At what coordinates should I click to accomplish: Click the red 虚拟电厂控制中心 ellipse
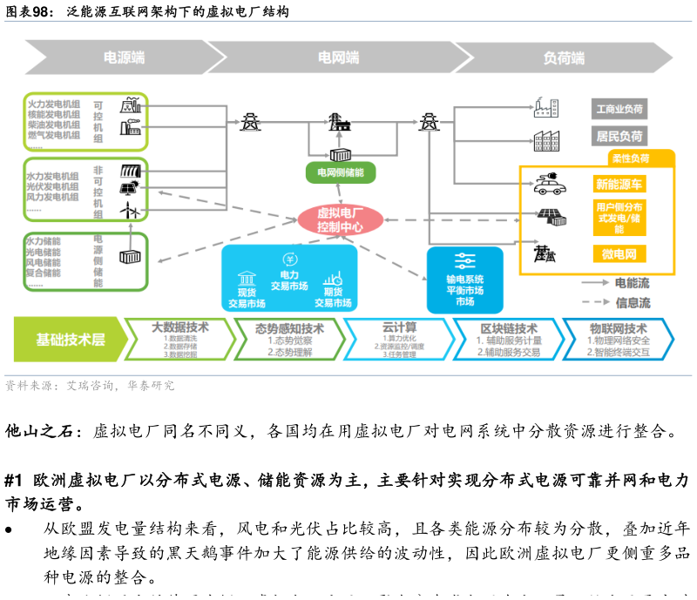coord(341,220)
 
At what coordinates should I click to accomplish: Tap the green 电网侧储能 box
coord(341,172)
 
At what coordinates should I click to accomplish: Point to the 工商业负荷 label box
coord(619,110)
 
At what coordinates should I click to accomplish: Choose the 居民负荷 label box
coord(619,137)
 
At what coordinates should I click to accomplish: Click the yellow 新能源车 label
coord(619,184)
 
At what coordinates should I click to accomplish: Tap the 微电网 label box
coord(619,254)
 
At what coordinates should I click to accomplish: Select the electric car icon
coord(551,183)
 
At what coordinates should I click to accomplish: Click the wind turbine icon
coord(129,210)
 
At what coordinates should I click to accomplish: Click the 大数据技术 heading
coord(180,328)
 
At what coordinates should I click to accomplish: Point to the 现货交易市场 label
coord(247,298)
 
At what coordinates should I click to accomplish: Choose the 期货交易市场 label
coord(333,298)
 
